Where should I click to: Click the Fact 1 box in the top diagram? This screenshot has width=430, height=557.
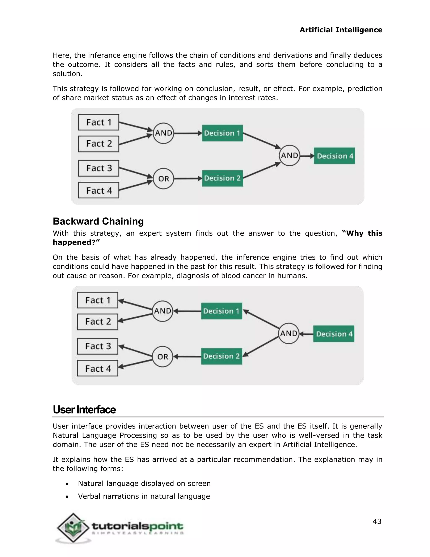click(x=99, y=122)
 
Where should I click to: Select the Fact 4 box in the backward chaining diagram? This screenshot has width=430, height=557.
click(x=98, y=368)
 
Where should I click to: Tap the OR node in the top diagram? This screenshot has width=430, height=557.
click(x=163, y=178)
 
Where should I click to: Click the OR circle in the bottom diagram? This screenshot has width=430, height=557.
click(x=163, y=356)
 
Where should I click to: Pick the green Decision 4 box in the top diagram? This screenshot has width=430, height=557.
click(x=334, y=156)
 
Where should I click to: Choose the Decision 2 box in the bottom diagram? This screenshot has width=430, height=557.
click(x=221, y=356)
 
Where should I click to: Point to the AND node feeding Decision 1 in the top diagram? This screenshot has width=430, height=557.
click(x=163, y=133)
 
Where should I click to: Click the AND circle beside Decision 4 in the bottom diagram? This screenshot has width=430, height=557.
click(x=289, y=334)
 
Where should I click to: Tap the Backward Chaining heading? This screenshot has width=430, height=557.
click(x=98, y=221)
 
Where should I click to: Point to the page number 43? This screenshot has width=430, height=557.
click(x=377, y=521)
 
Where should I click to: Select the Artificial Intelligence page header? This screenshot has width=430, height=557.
click(x=341, y=30)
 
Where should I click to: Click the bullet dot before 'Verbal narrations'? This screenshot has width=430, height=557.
click(x=67, y=496)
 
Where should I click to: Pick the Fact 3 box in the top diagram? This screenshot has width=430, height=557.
click(x=99, y=168)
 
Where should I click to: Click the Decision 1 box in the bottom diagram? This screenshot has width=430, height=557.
click(x=221, y=311)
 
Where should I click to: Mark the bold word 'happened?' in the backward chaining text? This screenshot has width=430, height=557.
click(x=76, y=242)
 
